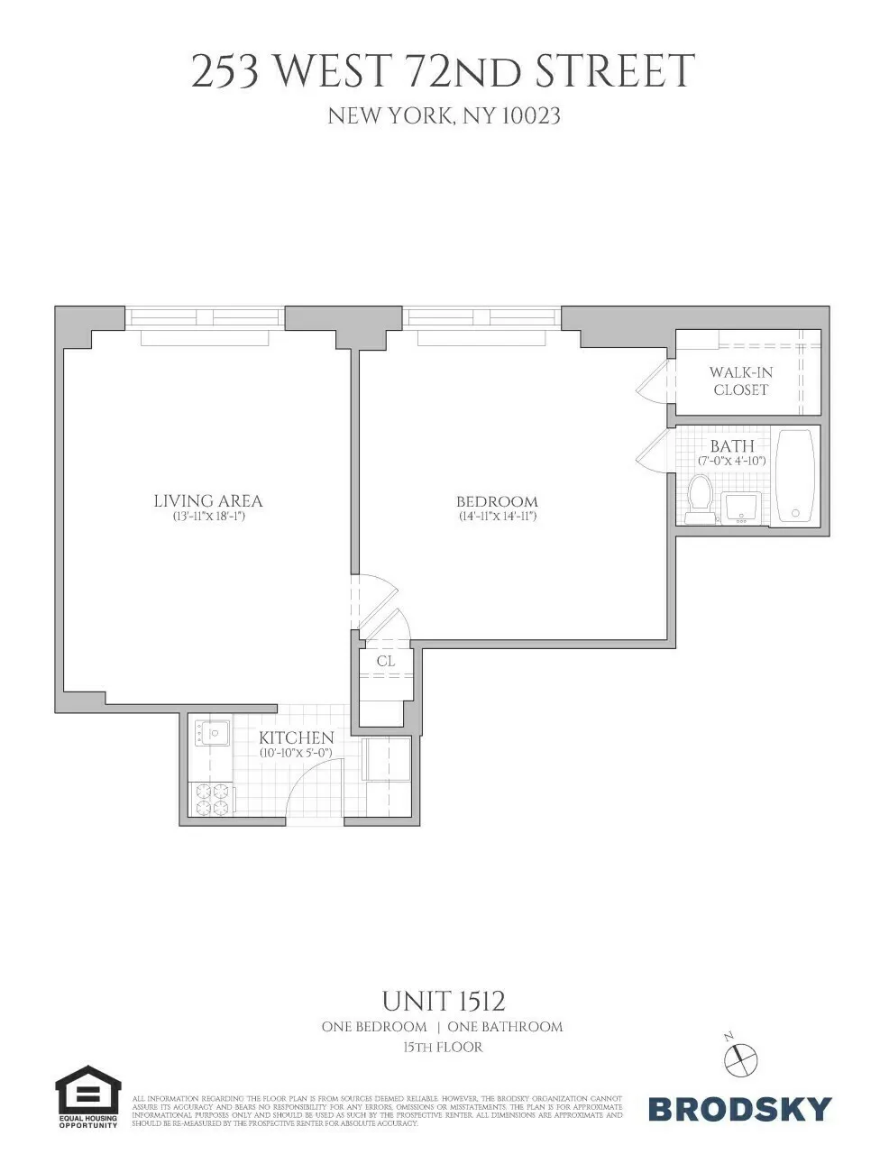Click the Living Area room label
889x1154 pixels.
207,501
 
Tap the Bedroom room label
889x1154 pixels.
496,502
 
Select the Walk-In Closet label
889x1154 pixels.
740,380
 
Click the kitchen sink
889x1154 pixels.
214,733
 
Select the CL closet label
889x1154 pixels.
386,662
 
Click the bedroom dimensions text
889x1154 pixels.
496,517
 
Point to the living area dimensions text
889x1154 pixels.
208,517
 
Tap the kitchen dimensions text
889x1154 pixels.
296,752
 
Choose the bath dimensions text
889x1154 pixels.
731,461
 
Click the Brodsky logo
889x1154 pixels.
739,1108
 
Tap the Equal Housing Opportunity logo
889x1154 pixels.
87,1097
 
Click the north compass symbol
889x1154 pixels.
742,1057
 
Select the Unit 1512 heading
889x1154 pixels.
443,1002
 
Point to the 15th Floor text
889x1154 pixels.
443,1048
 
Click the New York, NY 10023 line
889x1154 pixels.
444,115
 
